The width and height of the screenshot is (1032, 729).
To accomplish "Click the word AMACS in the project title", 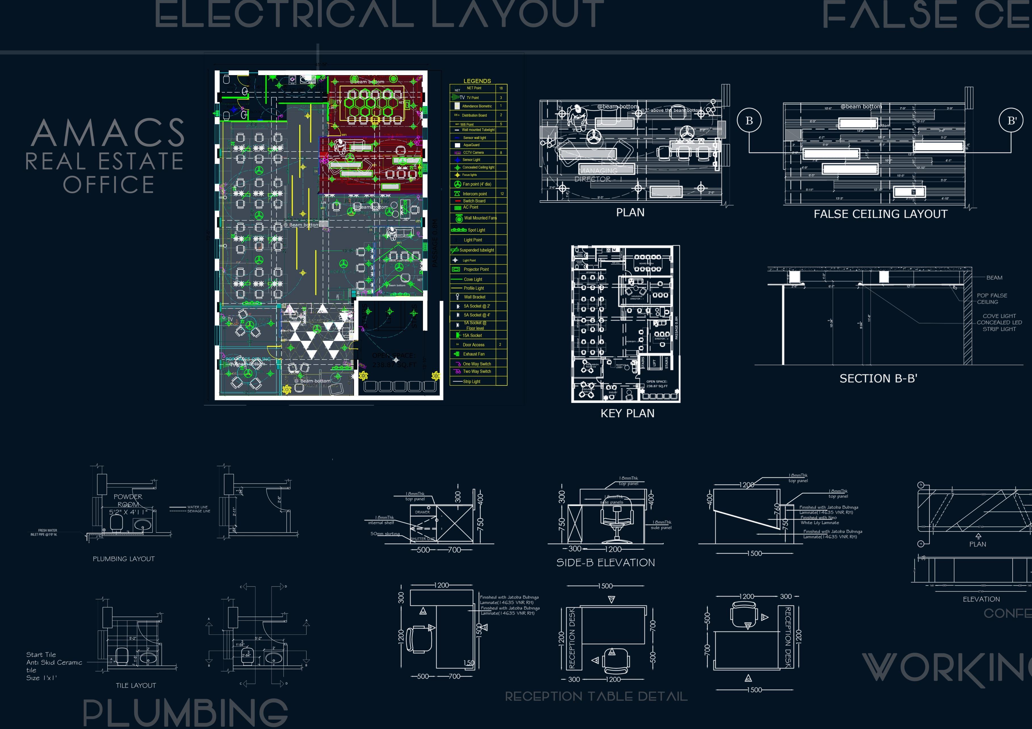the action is (x=108, y=133).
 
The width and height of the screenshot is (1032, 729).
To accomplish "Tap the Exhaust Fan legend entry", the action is (x=474, y=354).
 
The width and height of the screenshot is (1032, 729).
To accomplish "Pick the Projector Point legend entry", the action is (x=476, y=270).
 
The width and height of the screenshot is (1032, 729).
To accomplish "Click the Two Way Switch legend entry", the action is (x=477, y=372).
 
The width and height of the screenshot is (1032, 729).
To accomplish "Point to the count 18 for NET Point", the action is (x=501, y=88).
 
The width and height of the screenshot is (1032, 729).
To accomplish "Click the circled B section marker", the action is (x=749, y=120).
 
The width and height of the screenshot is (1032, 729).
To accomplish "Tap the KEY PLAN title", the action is (x=627, y=413).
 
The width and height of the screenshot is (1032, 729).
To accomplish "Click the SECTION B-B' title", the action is (x=878, y=379).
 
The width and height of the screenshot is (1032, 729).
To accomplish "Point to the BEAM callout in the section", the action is (x=994, y=277).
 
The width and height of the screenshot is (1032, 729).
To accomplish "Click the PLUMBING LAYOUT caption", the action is (x=124, y=559).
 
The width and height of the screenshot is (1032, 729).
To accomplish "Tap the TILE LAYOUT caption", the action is (x=136, y=685).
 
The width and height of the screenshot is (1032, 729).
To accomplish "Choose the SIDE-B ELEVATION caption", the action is (x=605, y=563).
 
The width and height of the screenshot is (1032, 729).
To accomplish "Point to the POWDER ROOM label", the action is (x=128, y=500).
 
